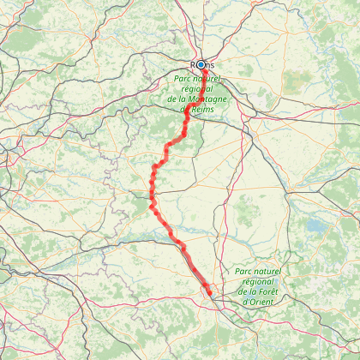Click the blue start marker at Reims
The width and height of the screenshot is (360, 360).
[201, 64]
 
